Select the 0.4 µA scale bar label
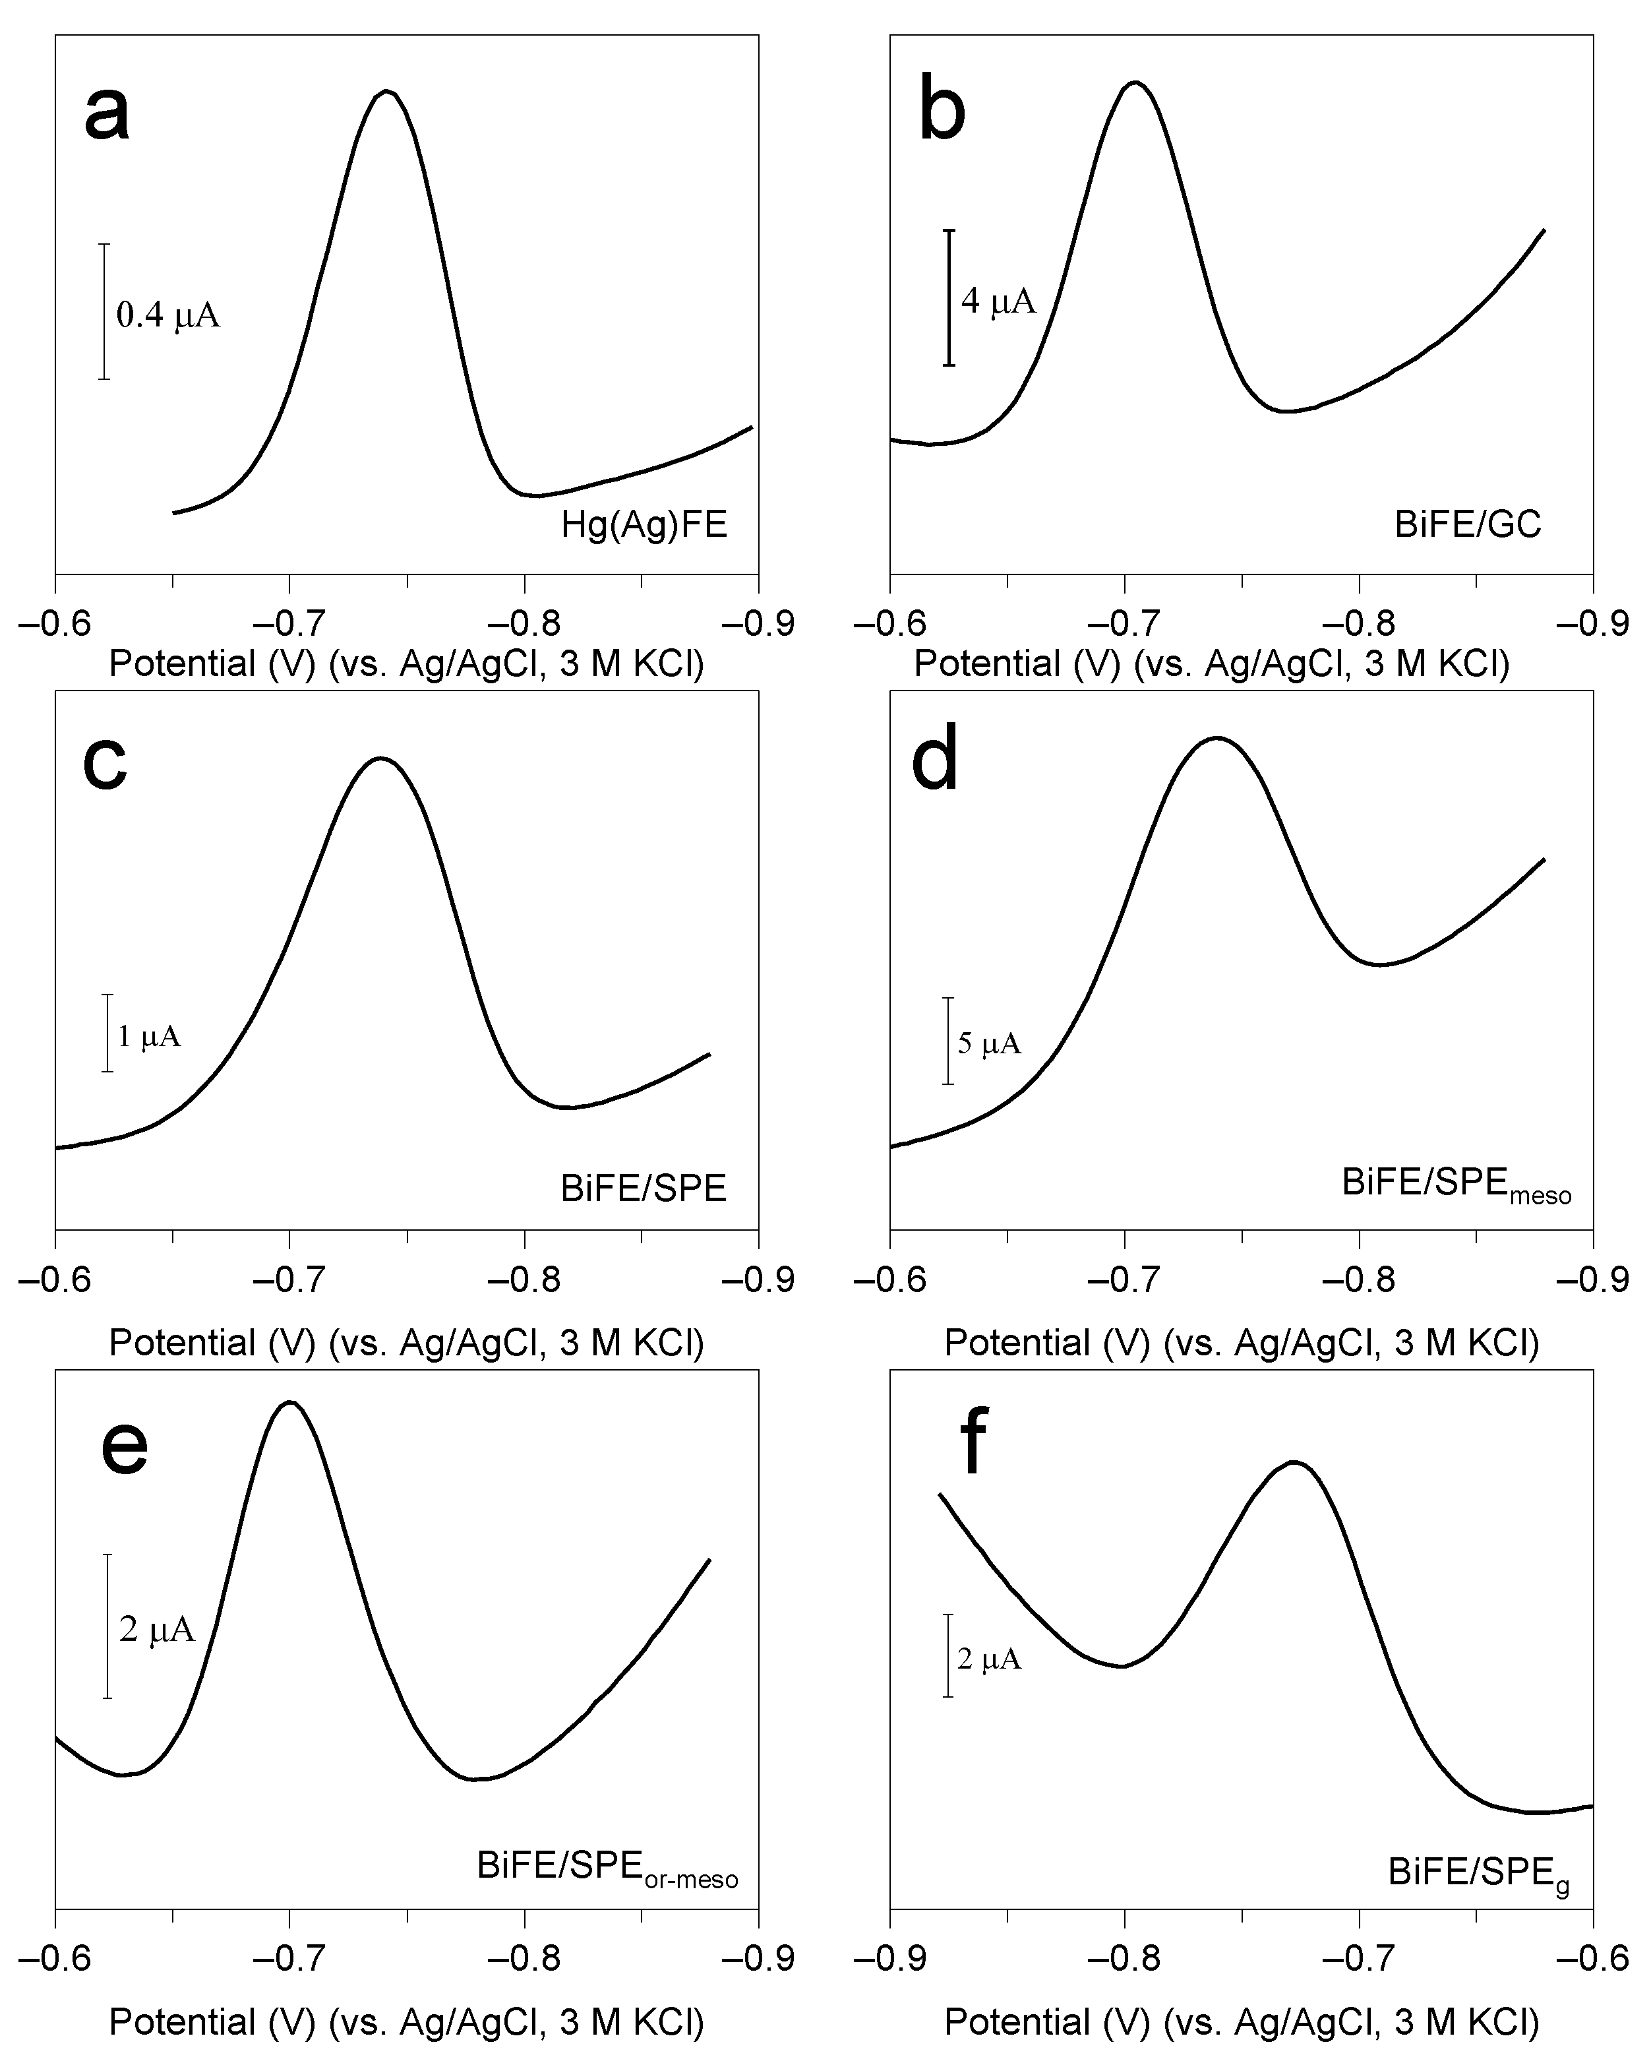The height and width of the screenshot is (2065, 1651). (167, 314)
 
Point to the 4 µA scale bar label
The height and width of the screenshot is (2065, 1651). (998, 301)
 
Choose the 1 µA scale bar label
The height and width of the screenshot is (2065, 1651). (148, 1035)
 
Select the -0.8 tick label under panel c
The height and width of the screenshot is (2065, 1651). (524, 1279)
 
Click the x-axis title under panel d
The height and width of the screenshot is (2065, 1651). (1241, 1343)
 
